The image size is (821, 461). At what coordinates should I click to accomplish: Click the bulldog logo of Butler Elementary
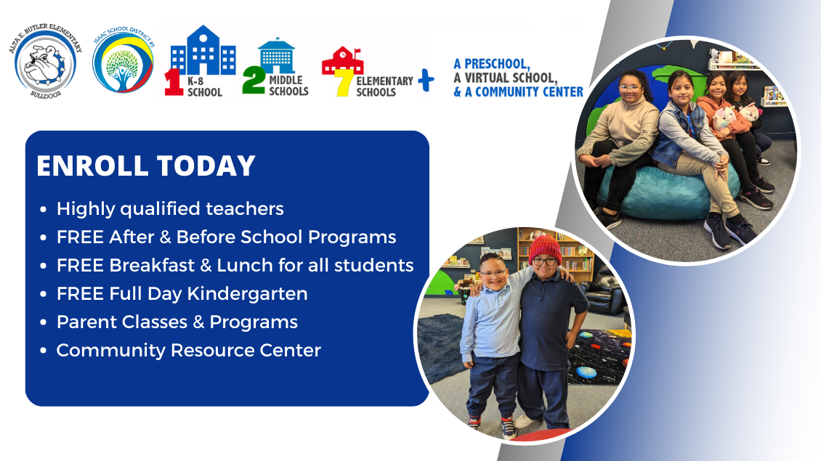tap(46, 61)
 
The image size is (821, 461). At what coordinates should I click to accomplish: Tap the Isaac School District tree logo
tap(123, 60)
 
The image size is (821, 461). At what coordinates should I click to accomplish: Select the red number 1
tap(174, 81)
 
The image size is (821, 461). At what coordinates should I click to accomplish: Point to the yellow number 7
tap(344, 83)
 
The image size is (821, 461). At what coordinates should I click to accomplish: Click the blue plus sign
tap(426, 80)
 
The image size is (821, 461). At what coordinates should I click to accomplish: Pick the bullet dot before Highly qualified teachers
tap(43, 210)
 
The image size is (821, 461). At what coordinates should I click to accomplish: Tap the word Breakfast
tap(152, 265)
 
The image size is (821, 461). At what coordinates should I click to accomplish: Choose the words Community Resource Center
tap(188, 350)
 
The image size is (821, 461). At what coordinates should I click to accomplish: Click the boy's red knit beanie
tap(544, 248)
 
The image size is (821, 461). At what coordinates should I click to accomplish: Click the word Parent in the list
tap(81, 322)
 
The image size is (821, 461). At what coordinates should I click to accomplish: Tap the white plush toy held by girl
tap(750, 112)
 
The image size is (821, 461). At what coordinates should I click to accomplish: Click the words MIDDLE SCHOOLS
tap(288, 86)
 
